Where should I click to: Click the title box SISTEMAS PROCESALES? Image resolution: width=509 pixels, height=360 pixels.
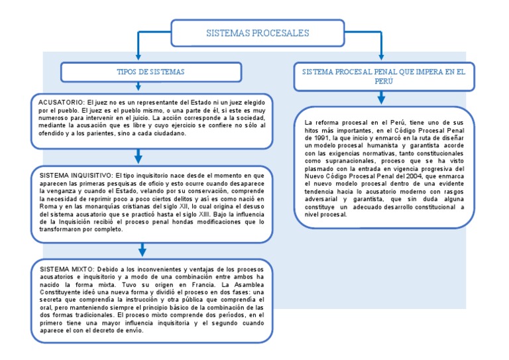pyautogui.click(x=258, y=32)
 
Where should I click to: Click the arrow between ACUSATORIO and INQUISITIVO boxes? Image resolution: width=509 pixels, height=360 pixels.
pyautogui.click(x=138, y=156)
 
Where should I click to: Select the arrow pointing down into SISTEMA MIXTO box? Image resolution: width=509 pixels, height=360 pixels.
pyautogui.click(x=142, y=250)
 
